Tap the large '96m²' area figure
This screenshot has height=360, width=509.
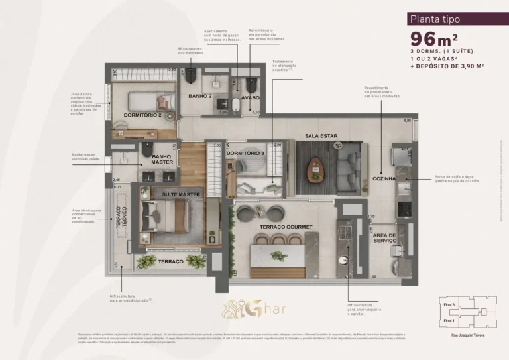435,39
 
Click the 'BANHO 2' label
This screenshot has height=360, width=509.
199,97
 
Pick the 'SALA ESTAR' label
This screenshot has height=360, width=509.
321,136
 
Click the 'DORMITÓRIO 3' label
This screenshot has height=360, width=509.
245,154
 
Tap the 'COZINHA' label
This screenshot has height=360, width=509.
384,178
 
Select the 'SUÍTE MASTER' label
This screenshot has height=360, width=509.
182,194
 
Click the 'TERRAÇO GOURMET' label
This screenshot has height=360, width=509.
287,227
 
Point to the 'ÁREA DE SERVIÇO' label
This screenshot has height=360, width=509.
384,238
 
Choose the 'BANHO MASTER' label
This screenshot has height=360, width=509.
162,158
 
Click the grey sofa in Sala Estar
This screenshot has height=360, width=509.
348,167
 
